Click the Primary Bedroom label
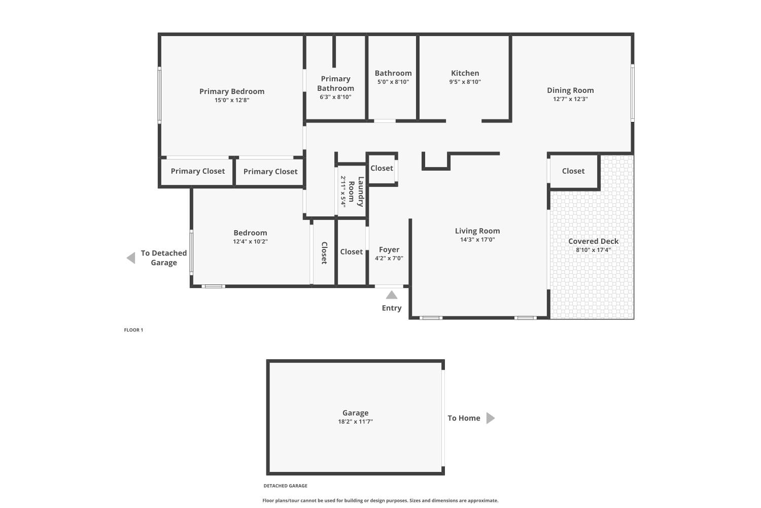pos(232,91)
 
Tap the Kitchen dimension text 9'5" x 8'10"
pos(465,82)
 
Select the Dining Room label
pos(570,90)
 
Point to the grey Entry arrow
pos(391,295)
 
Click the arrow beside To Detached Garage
pos(131,258)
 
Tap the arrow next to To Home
pos(491,418)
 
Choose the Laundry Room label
pos(356,192)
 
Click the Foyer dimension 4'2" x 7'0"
pos(389,258)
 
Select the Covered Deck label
pos(593,241)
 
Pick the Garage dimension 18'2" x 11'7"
pos(355,421)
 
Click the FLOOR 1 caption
pos(133,330)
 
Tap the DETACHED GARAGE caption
pos(285,486)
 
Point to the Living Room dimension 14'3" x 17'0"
pos(477,240)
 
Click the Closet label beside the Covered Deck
pos(573,171)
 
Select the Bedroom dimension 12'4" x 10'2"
pos(250,242)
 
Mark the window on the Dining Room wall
pos(633,93)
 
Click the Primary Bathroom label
pos(336,83)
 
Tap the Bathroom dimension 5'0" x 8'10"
pos(393,82)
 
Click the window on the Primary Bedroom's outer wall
pos(159,95)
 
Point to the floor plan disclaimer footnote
pos(380,500)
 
